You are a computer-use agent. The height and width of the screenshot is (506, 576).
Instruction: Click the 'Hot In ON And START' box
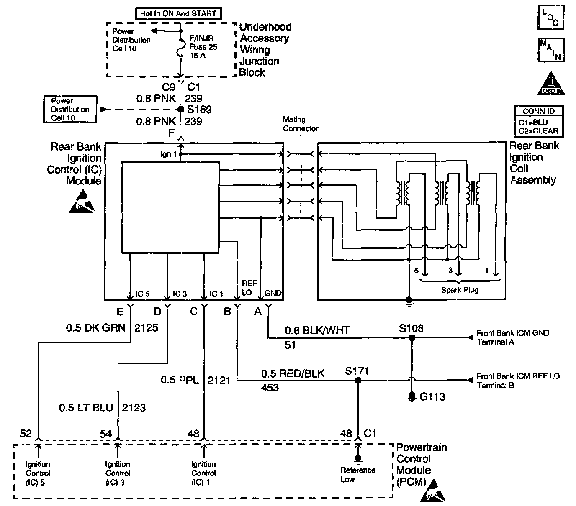178,13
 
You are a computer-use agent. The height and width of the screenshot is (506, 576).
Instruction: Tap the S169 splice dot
181,110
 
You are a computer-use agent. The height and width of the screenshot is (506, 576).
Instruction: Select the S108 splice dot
411,337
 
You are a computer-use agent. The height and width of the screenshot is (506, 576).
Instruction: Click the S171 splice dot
357,381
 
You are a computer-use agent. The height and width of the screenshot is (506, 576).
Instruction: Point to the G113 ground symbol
412,396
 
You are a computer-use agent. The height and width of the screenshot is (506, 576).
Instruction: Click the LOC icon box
550,17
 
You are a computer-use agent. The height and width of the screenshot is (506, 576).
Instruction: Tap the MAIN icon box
551,50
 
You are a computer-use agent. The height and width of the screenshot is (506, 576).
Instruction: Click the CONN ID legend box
539,122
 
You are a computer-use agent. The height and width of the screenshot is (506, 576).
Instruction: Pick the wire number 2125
146,327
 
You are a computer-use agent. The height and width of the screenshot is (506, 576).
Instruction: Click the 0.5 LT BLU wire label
86,408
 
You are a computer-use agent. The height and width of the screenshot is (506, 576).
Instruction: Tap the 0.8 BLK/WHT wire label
317,331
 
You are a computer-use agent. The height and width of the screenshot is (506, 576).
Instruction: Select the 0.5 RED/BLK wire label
293,373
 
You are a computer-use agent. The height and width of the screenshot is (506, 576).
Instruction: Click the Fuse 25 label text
203,47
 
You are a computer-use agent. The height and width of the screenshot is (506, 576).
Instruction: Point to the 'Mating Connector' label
300,124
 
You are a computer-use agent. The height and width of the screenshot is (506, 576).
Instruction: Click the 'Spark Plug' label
460,290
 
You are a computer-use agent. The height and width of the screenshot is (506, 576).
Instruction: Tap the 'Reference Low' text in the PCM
357,475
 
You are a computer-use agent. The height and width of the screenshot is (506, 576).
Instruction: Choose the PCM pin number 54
106,434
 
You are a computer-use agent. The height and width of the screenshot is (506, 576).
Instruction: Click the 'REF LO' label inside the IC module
247,289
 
